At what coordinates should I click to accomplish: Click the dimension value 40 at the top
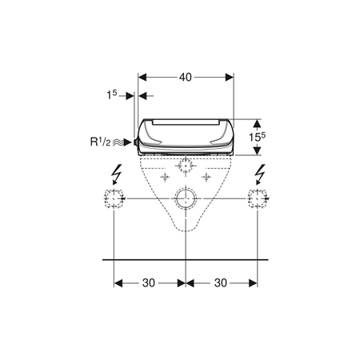pyautogui.click(x=186, y=78)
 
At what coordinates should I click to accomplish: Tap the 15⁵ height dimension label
pyautogui.click(x=257, y=137)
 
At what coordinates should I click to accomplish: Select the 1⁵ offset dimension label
pyautogui.click(x=112, y=94)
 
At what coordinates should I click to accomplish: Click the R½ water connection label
pyautogui.click(x=100, y=142)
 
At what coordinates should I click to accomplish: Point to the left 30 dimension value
pyautogui.click(x=149, y=283)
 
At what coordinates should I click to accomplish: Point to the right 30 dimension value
pyautogui.click(x=221, y=283)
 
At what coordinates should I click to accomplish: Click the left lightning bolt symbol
pyautogui.click(x=117, y=174)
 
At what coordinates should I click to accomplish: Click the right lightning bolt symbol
pyautogui.click(x=260, y=174)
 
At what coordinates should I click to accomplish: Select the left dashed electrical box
pyautogui.click(x=114, y=198)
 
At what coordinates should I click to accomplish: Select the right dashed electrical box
pyautogui.click(x=258, y=198)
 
